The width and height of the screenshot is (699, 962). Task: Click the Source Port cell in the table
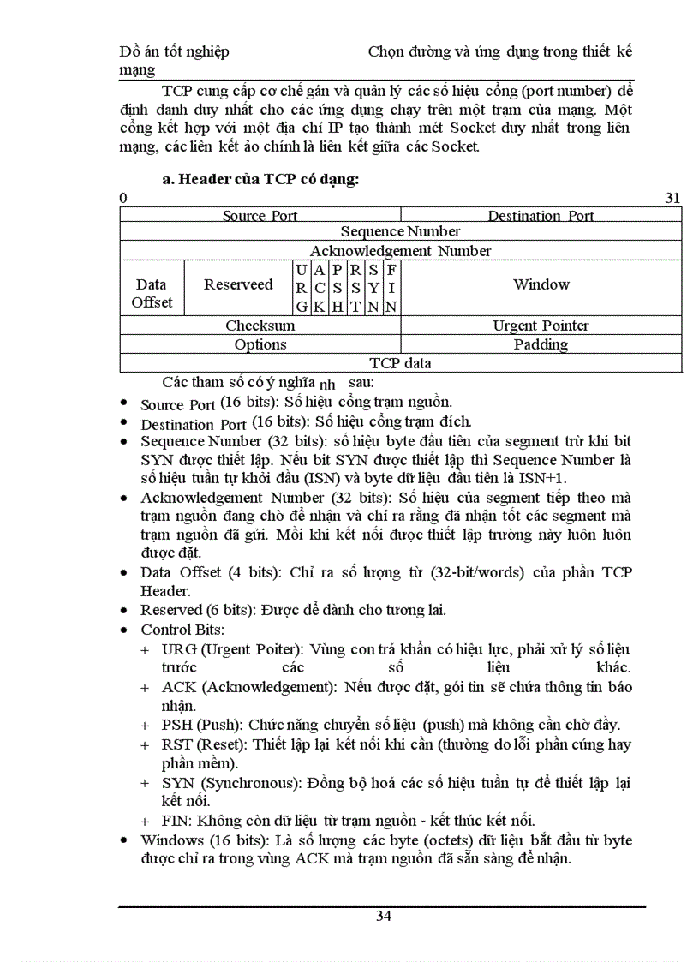[x=260, y=216]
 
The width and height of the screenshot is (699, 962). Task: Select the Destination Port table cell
[x=541, y=216]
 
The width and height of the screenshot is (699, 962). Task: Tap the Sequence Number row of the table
[x=400, y=231]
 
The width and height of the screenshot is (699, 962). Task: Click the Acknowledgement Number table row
[x=400, y=251]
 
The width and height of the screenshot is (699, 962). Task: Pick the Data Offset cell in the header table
[x=151, y=293]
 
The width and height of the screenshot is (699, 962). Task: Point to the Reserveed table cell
[x=238, y=284]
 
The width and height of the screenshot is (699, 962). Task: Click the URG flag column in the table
[x=302, y=288]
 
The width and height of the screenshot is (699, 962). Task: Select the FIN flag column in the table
[x=391, y=288]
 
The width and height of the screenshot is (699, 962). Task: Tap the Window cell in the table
[x=541, y=284]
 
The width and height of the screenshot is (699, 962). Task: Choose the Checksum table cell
[x=260, y=326]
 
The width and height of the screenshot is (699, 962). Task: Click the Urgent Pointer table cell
[x=541, y=326]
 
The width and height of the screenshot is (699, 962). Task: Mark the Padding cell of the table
[x=541, y=344]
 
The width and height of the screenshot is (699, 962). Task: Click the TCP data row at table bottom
[x=400, y=363]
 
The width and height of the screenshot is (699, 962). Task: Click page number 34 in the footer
[x=383, y=916]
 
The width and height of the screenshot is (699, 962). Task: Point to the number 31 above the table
[x=672, y=198]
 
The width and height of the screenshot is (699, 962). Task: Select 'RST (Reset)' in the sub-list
[x=191, y=744]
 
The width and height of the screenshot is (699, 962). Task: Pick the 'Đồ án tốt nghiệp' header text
[x=174, y=51]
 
